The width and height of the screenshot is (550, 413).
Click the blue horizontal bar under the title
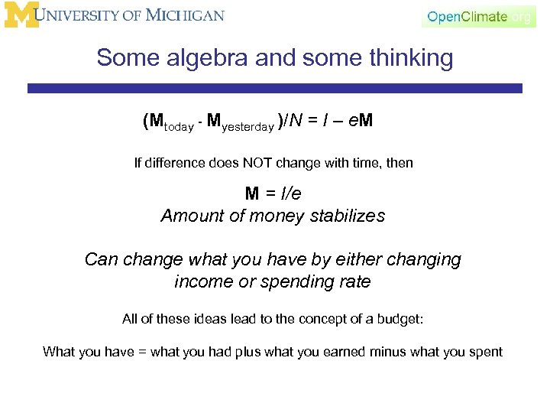[274, 89]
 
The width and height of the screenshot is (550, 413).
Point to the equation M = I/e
[273, 194]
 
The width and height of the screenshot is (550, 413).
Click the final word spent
[487, 352]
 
